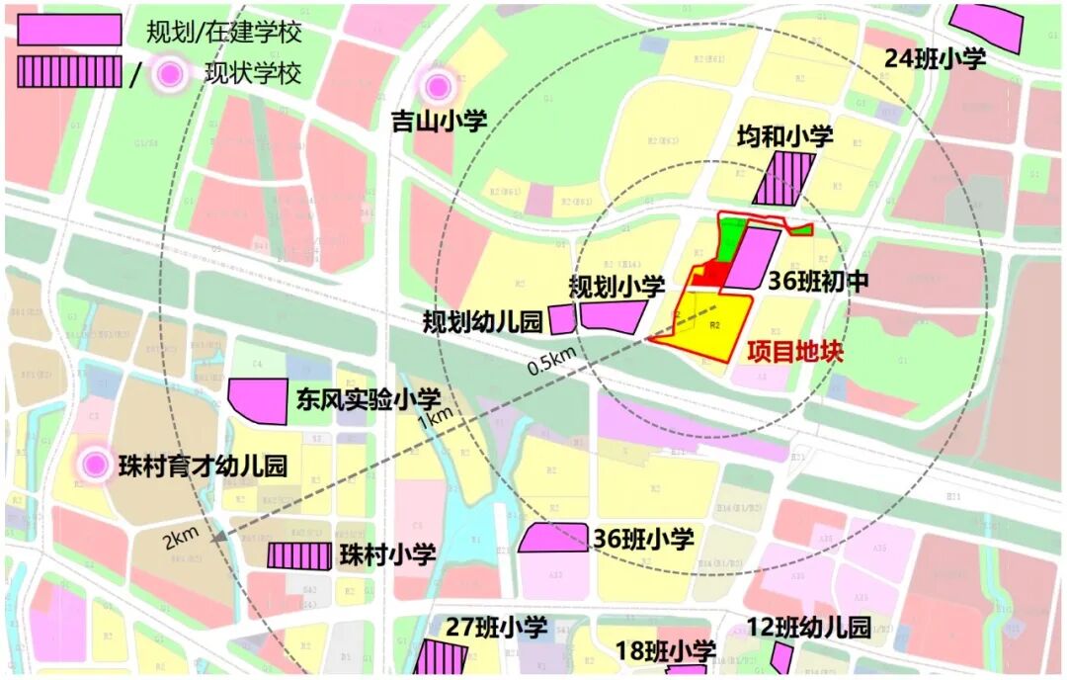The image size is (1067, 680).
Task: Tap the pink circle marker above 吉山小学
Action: tap(436, 86)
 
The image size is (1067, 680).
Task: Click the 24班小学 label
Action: tap(935, 59)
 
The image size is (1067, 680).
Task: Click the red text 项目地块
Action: tap(795, 352)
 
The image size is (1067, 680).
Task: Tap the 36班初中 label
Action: tap(819, 282)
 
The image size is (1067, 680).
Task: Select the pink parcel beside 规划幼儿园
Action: tap(562, 319)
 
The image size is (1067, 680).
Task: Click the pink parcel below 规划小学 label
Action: tap(614, 315)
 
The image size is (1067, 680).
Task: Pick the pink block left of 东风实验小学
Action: tap(258, 400)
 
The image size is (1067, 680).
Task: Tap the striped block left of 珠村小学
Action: tap(299, 555)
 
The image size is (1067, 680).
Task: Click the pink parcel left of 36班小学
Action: tap(553, 538)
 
